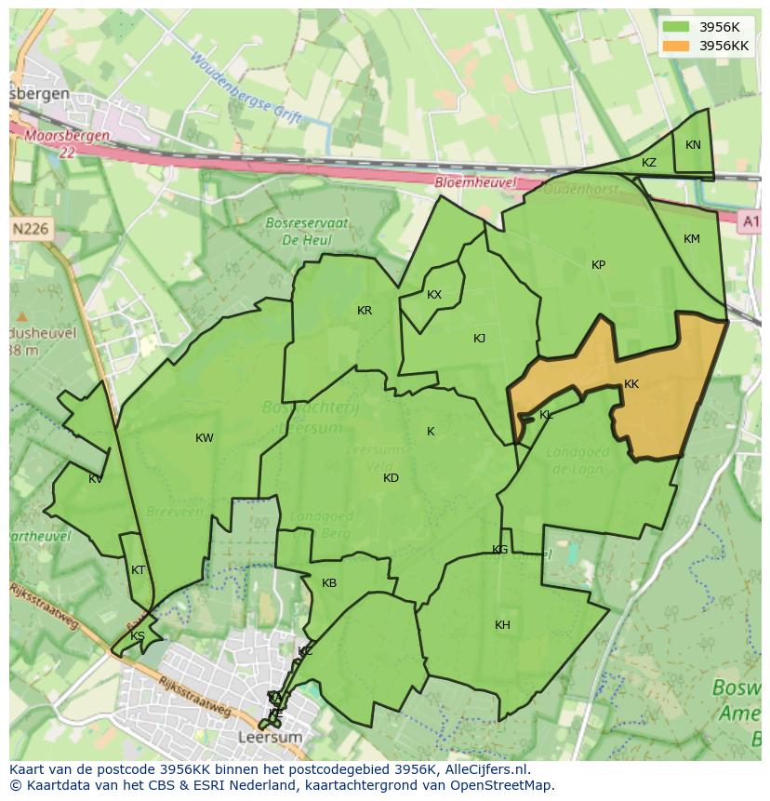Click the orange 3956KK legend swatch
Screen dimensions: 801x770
point(677,46)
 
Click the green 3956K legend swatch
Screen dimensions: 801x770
point(677,27)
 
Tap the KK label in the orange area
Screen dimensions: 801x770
point(631,384)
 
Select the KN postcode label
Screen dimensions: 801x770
point(693,145)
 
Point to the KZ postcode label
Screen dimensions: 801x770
point(649,163)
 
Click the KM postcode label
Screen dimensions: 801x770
point(692,239)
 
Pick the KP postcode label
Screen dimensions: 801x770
point(598,265)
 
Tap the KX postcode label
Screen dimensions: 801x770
point(434,295)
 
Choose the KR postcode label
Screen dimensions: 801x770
point(365,311)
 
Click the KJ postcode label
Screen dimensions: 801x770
point(479,339)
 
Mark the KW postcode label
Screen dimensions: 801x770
point(205,438)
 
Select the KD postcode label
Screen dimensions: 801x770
point(391,478)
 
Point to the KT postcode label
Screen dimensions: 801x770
point(139,570)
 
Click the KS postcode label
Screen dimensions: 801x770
point(138,636)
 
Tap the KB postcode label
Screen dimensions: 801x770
point(329,583)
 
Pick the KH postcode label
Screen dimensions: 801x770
point(502,625)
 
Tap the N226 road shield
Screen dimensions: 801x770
point(32,228)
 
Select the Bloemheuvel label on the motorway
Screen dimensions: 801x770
point(475,183)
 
